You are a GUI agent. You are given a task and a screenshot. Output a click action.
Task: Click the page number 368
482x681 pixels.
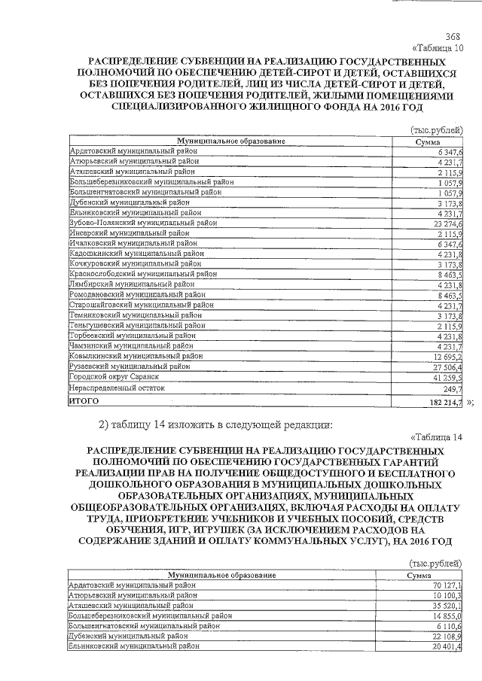point(453,37)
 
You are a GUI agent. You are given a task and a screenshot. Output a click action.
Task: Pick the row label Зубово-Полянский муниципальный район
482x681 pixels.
point(142,223)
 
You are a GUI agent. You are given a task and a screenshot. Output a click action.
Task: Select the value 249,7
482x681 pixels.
point(452,388)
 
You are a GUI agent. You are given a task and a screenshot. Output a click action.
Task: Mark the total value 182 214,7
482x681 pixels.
point(444,404)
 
